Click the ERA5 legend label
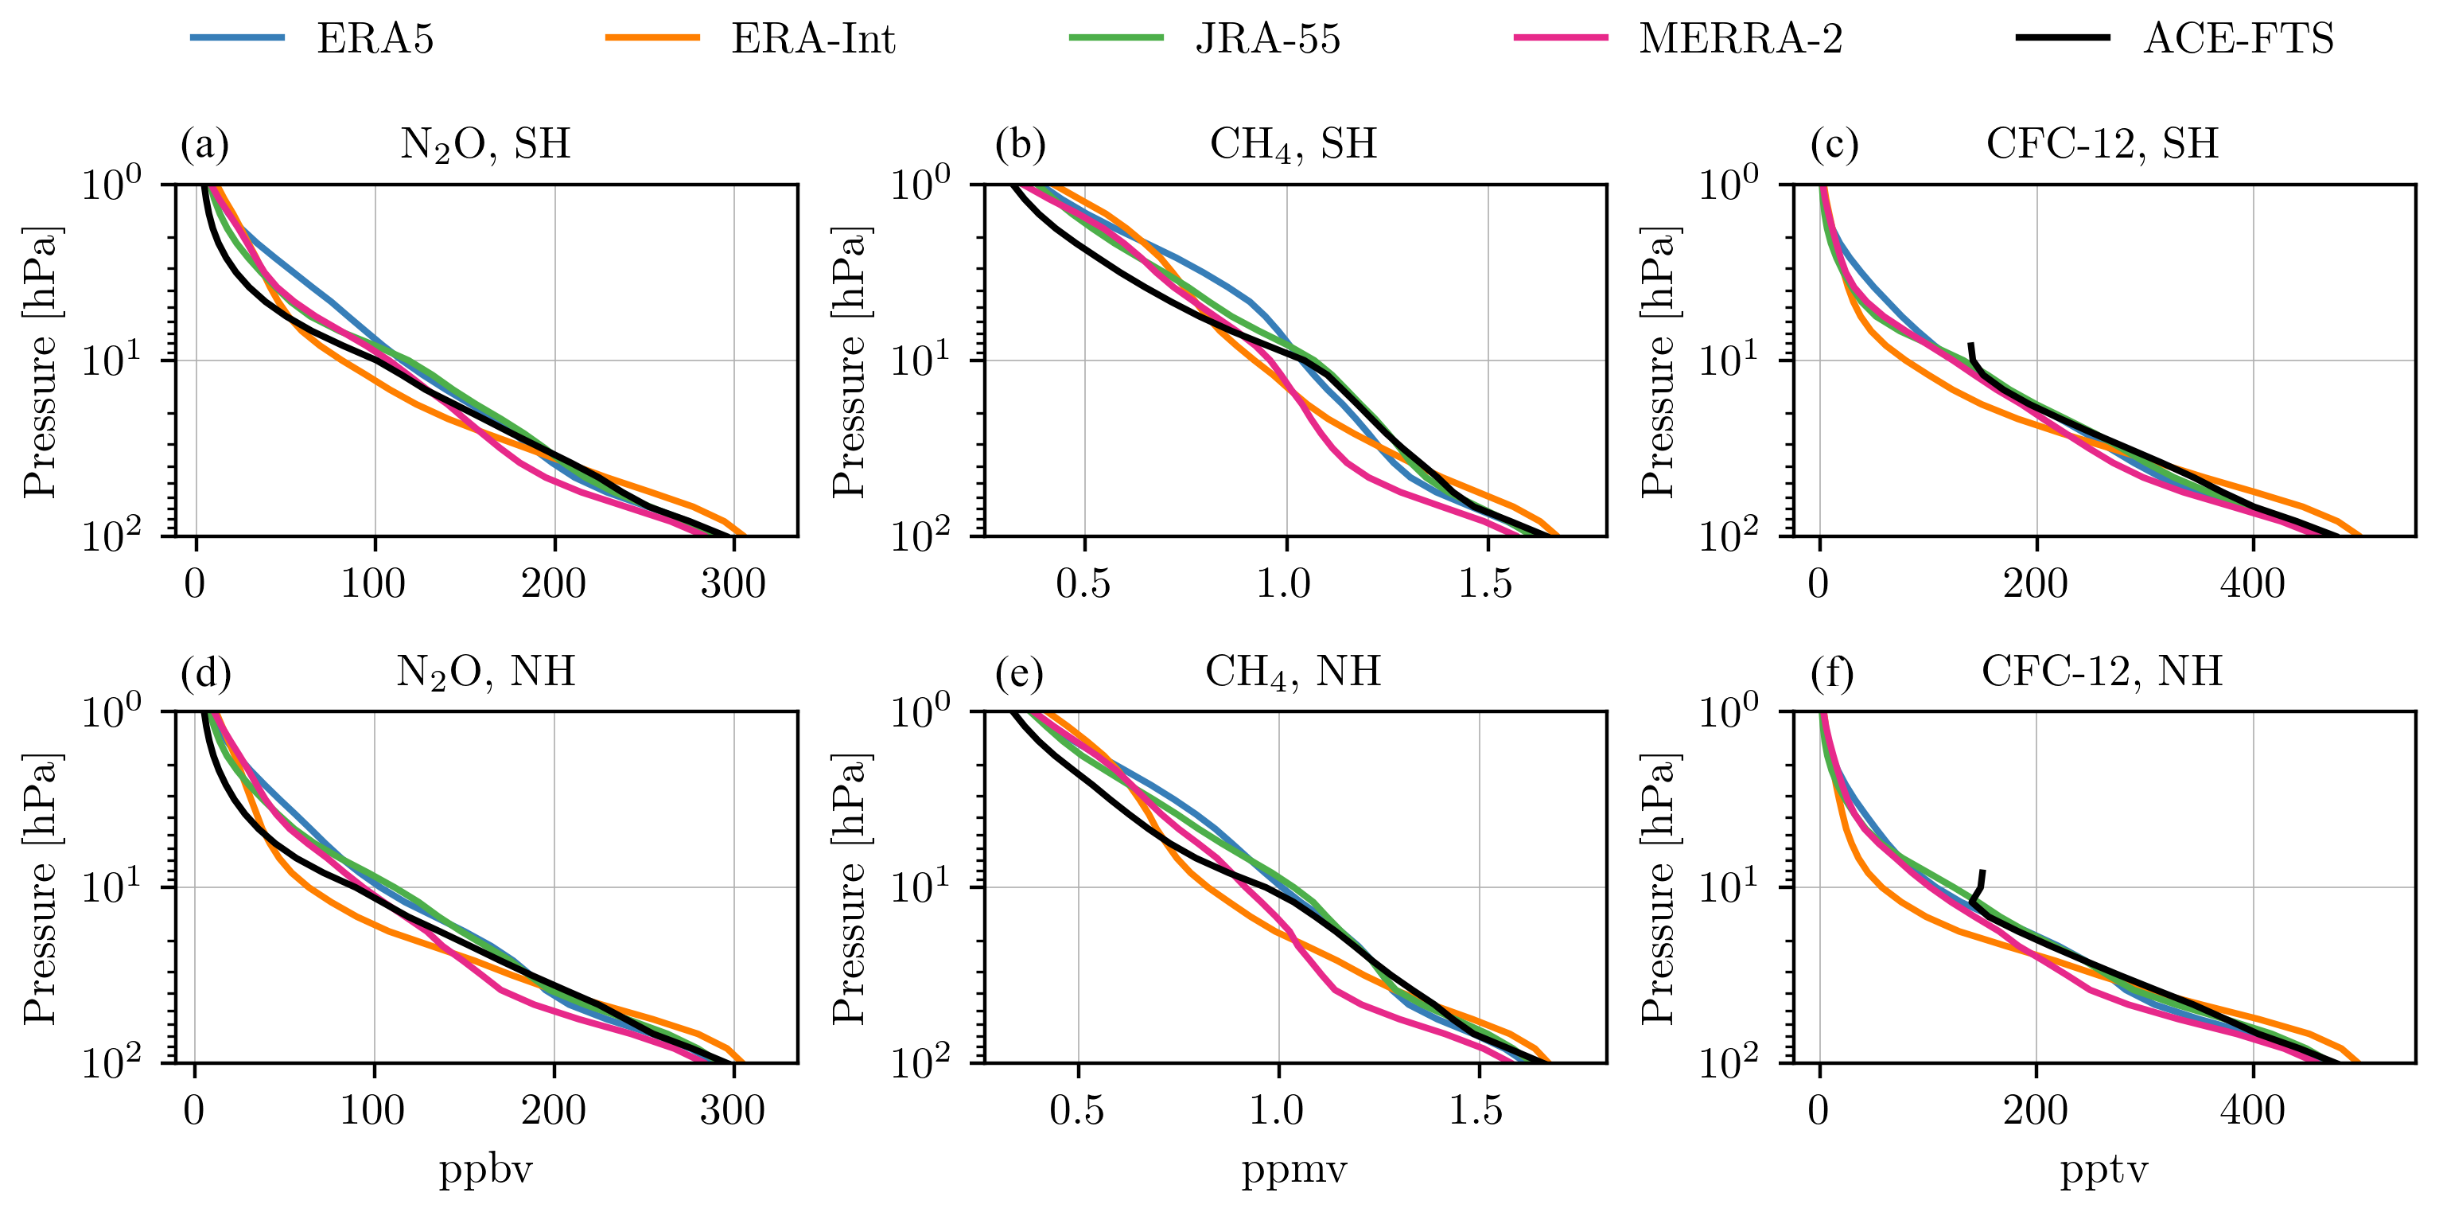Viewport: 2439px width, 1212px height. click(x=375, y=40)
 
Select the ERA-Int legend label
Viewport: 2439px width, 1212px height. click(x=812, y=40)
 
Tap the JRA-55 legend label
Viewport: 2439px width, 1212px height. click(x=1268, y=40)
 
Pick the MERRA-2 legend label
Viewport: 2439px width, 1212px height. click(x=1741, y=40)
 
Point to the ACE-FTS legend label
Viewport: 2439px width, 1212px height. click(x=2239, y=40)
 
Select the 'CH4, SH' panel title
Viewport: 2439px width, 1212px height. click(x=1293, y=145)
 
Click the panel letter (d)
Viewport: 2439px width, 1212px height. click(x=205, y=672)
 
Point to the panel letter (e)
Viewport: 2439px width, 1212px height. click(x=1020, y=672)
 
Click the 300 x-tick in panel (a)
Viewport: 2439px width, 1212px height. click(x=733, y=583)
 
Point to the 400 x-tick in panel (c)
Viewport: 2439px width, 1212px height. click(x=2253, y=583)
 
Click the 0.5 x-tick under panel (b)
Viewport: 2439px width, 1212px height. click(x=1083, y=583)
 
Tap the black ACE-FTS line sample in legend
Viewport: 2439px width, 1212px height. click(x=2063, y=38)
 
